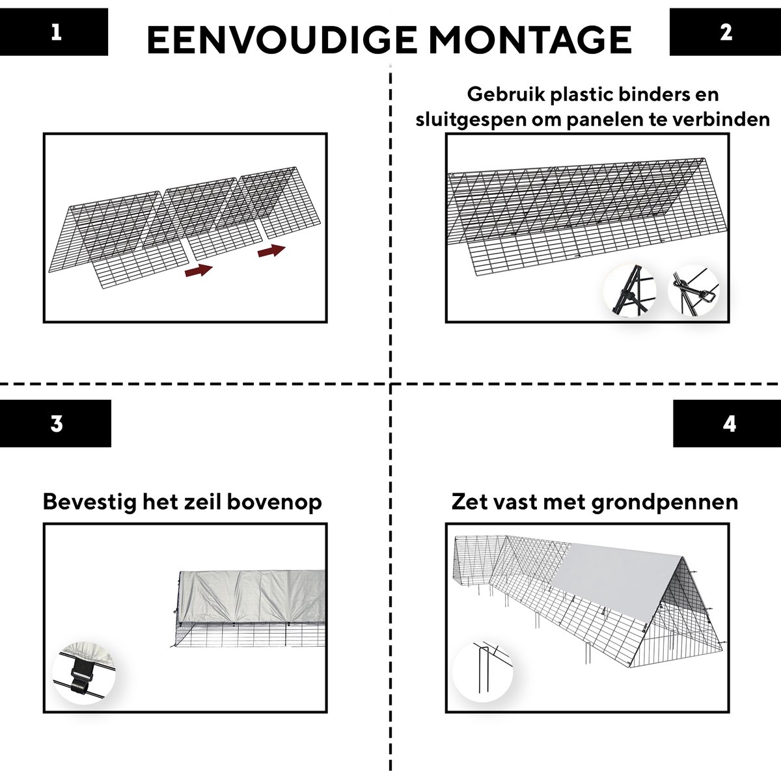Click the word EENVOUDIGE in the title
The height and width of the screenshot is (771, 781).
282,40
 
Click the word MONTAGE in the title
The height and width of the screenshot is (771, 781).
530,40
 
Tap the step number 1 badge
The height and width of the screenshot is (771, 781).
54,32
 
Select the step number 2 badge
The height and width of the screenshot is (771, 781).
725,32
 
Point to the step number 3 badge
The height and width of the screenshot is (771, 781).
55,424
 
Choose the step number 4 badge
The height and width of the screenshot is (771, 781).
727,424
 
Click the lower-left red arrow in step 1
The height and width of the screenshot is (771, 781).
199,270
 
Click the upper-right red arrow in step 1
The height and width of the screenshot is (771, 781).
271,251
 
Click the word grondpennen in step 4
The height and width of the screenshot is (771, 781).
665,503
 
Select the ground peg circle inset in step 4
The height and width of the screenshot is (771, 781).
482,672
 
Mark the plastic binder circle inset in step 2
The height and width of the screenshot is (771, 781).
629,291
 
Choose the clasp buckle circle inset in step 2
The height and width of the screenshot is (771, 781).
693,291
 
